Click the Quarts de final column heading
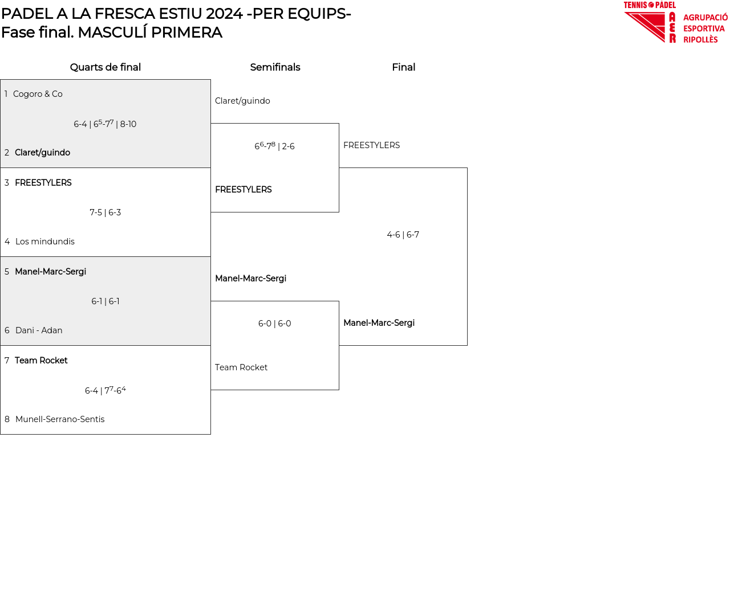coord(106,67)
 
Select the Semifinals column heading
coord(275,67)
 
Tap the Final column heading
coord(403,67)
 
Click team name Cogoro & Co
coord(38,94)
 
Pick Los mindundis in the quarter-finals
coord(45,242)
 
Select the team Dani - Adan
coord(39,330)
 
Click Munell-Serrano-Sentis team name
coord(60,419)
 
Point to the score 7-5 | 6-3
coord(106,212)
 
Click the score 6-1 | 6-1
coord(106,301)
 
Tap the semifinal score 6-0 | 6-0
coord(275,324)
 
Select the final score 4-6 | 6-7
coord(403,235)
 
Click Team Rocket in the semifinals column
coord(241,367)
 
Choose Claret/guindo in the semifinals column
coord(242,101)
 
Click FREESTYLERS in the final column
coord(371,145)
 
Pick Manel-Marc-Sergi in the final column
coord(379,323)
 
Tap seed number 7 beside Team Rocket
coord(7,361)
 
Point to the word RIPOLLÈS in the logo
coord(700,40)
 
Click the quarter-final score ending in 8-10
coord(105,124)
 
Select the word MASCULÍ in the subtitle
coord(112,32)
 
